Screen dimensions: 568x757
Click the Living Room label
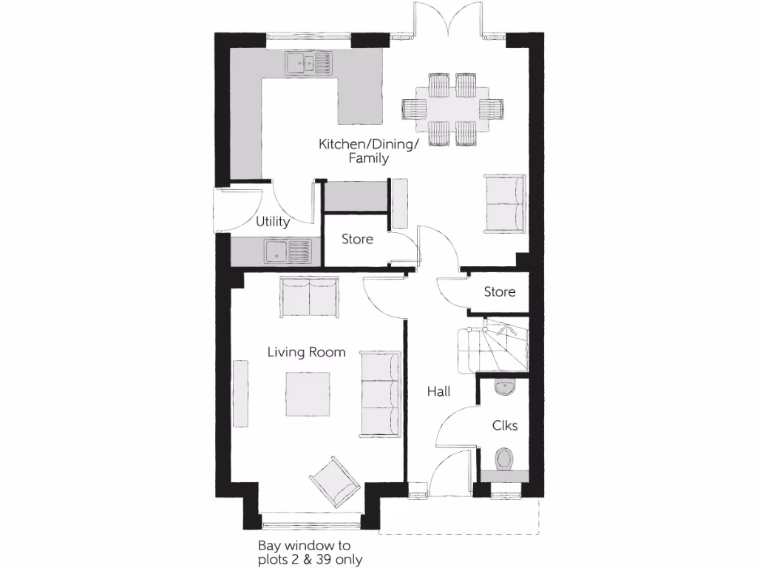306,352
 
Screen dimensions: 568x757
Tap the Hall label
438,392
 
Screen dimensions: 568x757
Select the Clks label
505,425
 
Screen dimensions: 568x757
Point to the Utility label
272,221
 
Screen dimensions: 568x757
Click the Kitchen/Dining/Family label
368,150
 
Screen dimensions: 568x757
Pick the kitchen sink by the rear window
308,64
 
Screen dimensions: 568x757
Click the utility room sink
288,251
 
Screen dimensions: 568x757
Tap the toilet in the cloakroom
505,459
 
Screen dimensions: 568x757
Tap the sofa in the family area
504,203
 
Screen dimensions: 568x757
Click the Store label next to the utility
357,239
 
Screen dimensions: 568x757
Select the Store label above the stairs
500,291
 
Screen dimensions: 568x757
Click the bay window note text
310,552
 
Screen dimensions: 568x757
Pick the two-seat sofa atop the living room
310,297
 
